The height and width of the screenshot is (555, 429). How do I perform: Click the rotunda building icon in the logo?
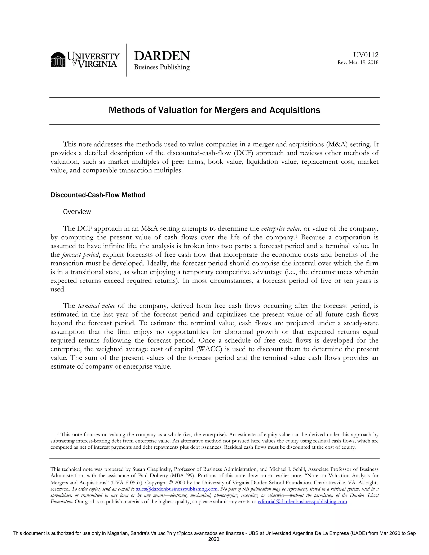click(x=58, y=60)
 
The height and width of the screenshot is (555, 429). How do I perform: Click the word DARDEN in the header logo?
click(x=162, y=56)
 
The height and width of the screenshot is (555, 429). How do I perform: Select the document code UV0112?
click(x=366, y=55)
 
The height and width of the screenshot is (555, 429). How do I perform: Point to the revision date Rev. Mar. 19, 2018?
click(x=358, y=62)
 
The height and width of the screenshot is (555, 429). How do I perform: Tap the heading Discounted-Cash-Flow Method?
click(x=98, y=195)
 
